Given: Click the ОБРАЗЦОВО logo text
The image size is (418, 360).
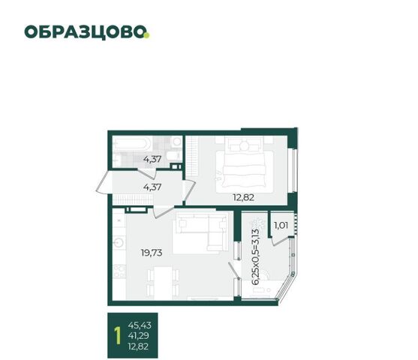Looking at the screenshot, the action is (85, 32).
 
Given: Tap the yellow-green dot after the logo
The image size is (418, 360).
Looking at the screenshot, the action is (147, 35).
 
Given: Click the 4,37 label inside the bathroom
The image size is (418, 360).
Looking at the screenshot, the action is (152, 159).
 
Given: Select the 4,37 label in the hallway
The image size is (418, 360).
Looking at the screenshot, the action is (152, 187).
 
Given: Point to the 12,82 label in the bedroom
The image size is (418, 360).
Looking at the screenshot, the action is (243, 197).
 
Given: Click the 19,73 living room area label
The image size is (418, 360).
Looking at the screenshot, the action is (152, 253).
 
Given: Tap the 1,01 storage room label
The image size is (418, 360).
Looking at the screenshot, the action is (281, 226).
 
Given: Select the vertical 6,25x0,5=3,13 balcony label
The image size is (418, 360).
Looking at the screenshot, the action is (255, 257).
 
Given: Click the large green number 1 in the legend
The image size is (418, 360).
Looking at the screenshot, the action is (118, 335).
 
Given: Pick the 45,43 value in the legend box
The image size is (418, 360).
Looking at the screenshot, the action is (140, 325).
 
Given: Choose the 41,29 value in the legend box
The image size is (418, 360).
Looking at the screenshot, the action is (138, 335).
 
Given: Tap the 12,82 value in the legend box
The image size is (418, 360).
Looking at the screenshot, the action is (138, 346).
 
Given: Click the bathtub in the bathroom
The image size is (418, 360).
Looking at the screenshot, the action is (133, 144).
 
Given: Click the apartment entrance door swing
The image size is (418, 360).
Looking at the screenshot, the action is (103, 182).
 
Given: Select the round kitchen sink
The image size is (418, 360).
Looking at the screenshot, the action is (119, 242).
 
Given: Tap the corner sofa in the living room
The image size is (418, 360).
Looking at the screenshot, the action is (200, 234).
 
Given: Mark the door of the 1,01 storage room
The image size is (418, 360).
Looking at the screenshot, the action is (281, 241).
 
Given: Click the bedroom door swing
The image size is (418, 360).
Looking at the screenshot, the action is (190, 190).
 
